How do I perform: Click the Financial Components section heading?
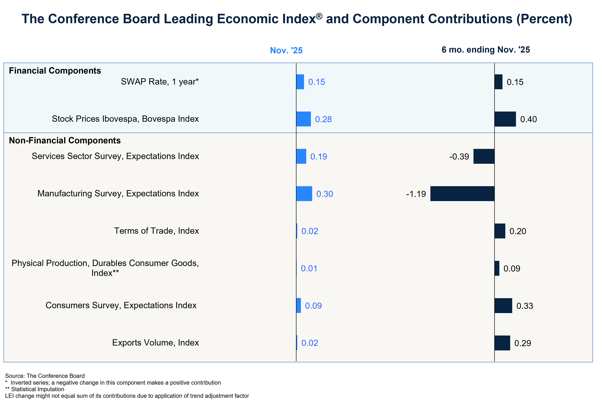coord(55,71)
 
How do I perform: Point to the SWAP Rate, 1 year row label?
coord(160,82)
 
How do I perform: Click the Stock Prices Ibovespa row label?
coord(125,119)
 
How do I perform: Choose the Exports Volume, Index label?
coord(155,343)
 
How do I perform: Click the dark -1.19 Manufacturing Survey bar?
coord(462,194)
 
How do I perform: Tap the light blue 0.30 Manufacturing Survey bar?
coord(304,194)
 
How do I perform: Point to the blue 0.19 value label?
coord(318,157)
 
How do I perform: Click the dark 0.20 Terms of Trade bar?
coord(500,231)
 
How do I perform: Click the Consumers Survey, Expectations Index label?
coord(121,305)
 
